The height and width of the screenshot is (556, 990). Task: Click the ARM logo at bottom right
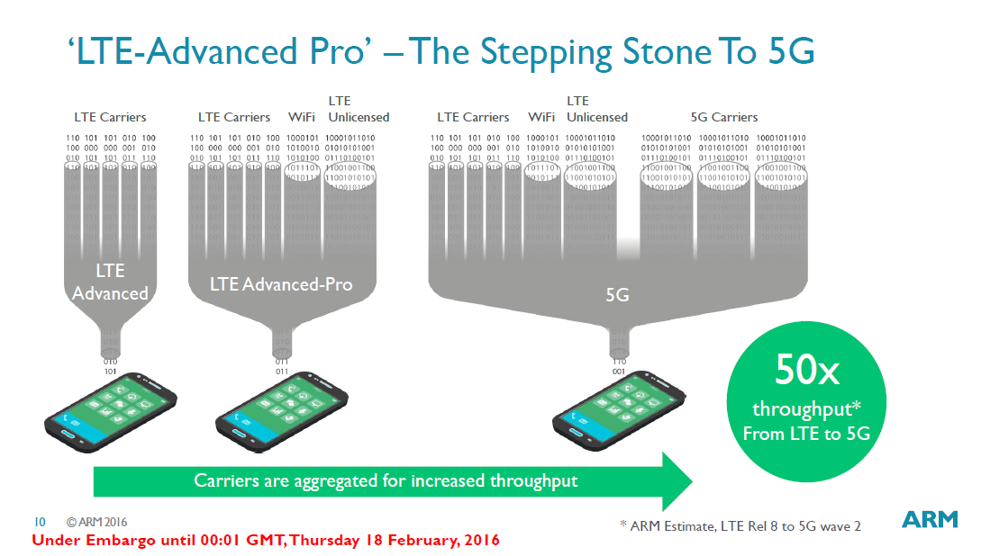(930, 519)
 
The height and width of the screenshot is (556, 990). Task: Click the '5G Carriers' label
(723, 117)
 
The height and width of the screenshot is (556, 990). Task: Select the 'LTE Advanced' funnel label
(110, 282)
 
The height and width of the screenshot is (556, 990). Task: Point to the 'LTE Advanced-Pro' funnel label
(281, 284)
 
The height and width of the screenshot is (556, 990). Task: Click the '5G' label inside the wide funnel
(617, 294)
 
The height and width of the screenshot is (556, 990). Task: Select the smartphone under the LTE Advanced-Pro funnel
(281, 409)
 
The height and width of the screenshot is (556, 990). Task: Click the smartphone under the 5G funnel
(619, 409)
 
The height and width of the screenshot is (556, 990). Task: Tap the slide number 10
(40, 522)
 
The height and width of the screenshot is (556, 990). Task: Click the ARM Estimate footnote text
(740, 525)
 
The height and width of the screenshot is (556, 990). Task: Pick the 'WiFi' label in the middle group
(301, 117)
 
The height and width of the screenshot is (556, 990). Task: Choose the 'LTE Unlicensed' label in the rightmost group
(596, 109)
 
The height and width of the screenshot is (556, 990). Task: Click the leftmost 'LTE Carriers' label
(110, 117)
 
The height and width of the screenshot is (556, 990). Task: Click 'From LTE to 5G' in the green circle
(802, 433)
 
